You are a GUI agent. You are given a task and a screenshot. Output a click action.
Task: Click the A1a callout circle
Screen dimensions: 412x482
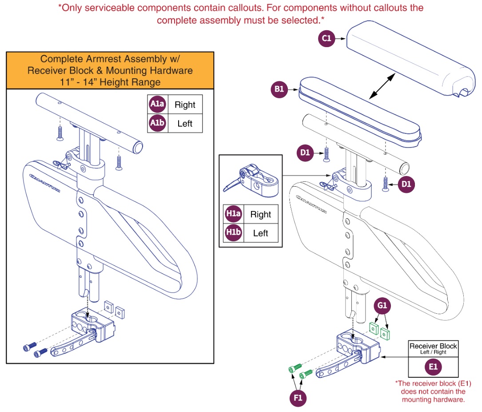(x=157, y=104)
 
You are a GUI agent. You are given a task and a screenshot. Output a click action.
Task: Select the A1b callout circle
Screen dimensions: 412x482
(x=157, y=123)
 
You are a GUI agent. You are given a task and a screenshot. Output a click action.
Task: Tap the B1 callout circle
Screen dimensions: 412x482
(x=279, y=89)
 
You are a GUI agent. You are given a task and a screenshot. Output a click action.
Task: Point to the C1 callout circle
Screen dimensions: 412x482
(x=327, y=39)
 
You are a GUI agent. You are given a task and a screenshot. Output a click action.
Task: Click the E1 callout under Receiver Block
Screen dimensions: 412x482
(x=433, y=367)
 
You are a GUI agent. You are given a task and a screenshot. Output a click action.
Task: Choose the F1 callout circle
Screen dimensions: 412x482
(x=298, y=398)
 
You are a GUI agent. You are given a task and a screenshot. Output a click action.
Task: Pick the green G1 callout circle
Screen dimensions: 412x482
(x=382, y=306)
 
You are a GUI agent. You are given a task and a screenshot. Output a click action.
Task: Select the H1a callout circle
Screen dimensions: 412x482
(x=233, y=214)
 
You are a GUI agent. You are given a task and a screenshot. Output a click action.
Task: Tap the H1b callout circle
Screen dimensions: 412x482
(x=233, y=233)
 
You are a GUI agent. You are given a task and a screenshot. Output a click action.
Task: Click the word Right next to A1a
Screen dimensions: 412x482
(x=185, y=105)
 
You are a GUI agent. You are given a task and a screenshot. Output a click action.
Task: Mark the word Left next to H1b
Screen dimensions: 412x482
(x=260, y=233)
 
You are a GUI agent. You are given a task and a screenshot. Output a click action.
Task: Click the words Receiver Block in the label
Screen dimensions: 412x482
(x=433, y=346)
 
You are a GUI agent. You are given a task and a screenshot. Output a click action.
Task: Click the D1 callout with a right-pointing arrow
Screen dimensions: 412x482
(x=305, y=153)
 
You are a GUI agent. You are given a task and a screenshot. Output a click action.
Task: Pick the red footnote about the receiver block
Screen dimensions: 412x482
(x=433, y=391)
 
